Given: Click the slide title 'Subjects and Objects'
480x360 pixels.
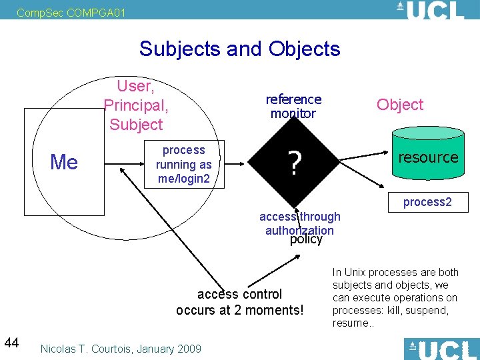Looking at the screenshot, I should [x=239, y=49].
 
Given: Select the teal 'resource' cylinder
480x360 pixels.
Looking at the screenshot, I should [x=427, y=157].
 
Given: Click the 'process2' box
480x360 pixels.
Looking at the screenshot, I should [x=427, y=202].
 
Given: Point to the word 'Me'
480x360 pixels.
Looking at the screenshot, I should [x=64, y=162].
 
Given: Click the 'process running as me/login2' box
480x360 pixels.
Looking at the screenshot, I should [x=184, y=164].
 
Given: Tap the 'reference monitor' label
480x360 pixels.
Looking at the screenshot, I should [x=293, y=106].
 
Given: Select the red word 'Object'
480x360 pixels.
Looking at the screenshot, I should [x=400, y=105].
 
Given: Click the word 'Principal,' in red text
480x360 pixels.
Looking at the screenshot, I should [x=136, y=105].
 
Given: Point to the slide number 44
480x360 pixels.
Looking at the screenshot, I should [x=11, y=343].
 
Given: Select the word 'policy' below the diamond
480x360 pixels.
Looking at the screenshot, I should [x=306, y=239].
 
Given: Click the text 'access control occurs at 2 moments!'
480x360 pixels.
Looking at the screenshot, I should [x=239, y=302].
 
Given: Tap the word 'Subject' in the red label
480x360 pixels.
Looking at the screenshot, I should [x=136, y=125].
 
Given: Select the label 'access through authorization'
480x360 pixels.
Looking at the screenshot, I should [x=299, y=223].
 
